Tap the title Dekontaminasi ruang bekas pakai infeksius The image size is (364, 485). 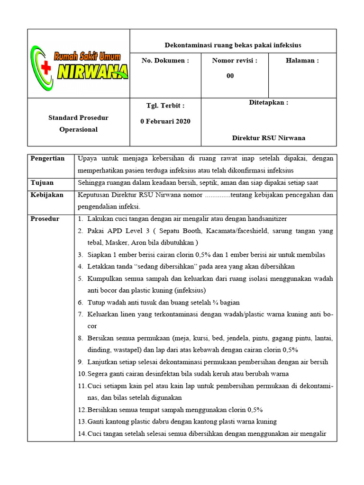(x=233, y=45)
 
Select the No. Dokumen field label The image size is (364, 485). (x=165, y=61)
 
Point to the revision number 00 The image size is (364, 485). (x=230, y=76)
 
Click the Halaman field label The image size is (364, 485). (x=302, y=61)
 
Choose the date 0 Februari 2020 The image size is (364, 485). (x=165, y=121)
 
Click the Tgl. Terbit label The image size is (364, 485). (x=165, y=106)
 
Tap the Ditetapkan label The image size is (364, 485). (x=269, y=103)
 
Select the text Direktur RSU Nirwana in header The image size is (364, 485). (x=269, y=138)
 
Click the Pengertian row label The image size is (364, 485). (x=47, y=158)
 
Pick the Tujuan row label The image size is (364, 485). (x=42, y=182)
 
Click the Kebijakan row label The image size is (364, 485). (x=47, y=195)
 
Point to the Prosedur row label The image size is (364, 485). (x=45, y=219)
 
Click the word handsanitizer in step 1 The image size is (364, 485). (x=264, y=219)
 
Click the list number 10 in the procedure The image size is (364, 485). (x=82, y=374)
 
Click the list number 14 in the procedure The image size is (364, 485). (x=82, y=434)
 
